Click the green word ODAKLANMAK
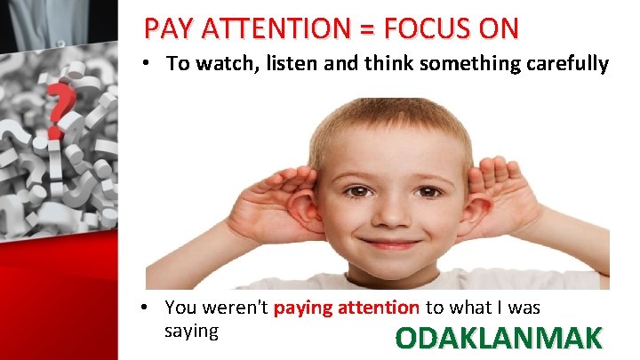click(499, 339)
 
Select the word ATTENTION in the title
click(281, 28)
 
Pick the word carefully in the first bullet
click(565, 64)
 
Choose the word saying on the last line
click(191, 330)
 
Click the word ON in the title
click(497, 28)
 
